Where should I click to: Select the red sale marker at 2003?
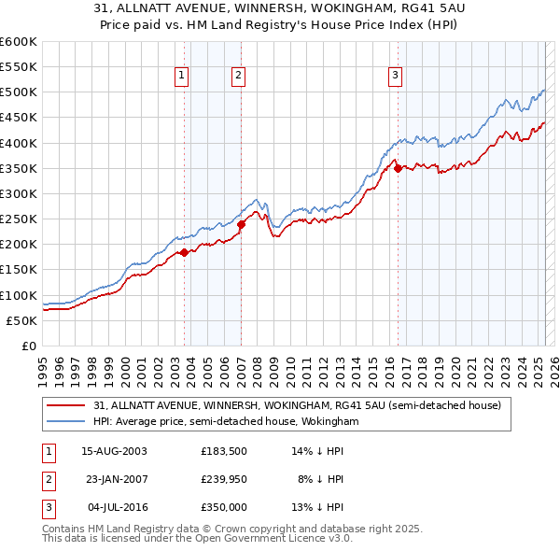coord(185,252)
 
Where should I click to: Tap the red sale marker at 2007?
coord(241,224)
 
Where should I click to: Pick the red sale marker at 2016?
coord(397,168)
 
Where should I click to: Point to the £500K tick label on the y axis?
coord(18,92)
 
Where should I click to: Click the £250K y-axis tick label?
coord(18,219)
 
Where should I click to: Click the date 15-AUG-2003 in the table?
coord(114,450)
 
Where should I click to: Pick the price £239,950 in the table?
coord(224,479)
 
